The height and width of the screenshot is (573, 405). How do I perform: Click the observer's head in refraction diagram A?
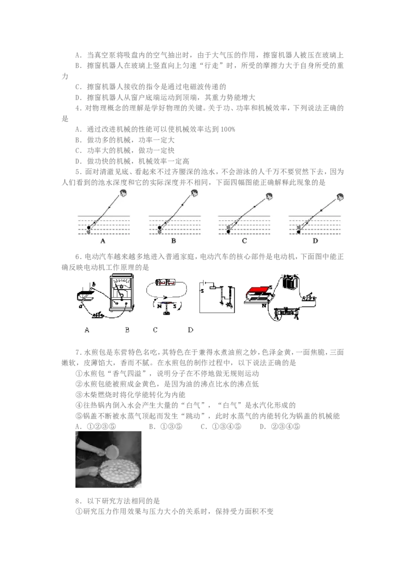click(x=124, y=193)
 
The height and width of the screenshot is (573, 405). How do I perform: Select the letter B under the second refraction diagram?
click(x=174, y=241)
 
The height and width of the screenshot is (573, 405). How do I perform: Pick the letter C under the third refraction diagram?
click(x=244, y=241)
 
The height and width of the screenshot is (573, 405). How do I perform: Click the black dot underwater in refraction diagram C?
click(x=229, y=232)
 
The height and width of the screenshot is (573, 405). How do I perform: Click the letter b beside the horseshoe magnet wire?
click(x=94, y=284)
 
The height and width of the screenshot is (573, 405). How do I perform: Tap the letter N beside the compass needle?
click(x=159, y=306)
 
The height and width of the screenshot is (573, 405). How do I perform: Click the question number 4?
click(x=78, y=108)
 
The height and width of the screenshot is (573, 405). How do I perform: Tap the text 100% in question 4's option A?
click(x=228, y=130)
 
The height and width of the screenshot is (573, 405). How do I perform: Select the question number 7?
click(x=78, y=353)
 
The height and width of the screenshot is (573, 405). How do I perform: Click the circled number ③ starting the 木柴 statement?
click(x=79, y=395)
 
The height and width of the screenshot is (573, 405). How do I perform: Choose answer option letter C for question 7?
click(x=203, y=427)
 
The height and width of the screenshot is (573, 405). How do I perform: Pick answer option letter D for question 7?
click(x=262, y=427)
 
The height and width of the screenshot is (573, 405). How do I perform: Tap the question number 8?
click(x=78, y=501)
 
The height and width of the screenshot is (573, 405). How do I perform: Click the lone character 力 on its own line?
click(x=65, y=76)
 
